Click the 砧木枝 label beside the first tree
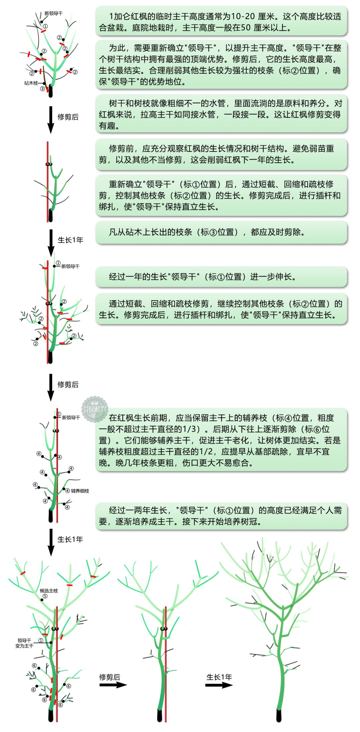(31, 83)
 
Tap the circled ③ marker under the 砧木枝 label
(42, 89)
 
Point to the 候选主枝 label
(49, 591)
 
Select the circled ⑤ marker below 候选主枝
(45, 596)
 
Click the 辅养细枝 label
(80, 491)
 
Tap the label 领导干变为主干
(24, 643)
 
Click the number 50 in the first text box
(246, 28)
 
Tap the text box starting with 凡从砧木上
(221, 233)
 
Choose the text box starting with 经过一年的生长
(221, 277)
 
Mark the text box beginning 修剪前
(221, 154)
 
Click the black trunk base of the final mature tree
(279, 715)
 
